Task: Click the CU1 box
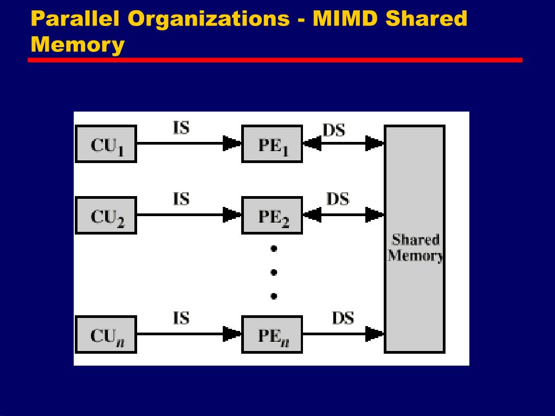tap(106, 144)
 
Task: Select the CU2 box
tap(106, 216)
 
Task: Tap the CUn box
tap(106, 334)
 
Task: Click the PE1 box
tap(272, 144)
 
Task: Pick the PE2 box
tap(272, 216)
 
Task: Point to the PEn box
tap(272, 334)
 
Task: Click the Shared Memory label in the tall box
tap(415, 248)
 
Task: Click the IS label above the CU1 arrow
tap(181, 128)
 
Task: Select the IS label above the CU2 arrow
tap(181, 199)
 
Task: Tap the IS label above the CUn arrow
tap(181, 318)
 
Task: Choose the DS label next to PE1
tap(334, 130)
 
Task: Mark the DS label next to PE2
tap(338, 199)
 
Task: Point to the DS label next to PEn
tap(343, 318)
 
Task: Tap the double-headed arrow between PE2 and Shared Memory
tap(343, 216)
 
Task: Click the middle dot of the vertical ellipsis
tap(274, 272)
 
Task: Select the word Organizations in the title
tap(209, 18)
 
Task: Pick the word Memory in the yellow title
tap(78, 44)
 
